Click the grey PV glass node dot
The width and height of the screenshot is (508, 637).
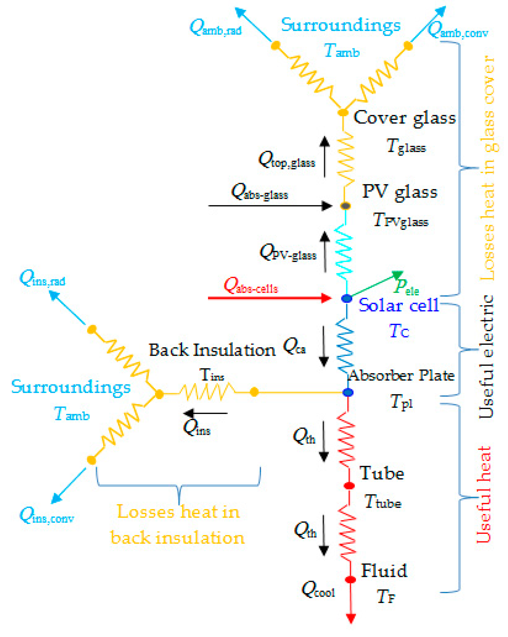coord(345,206)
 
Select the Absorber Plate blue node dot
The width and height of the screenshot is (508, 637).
coord(348,392)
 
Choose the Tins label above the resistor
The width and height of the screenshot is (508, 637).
coord(212,375)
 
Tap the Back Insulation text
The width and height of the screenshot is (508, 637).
coord(212,350)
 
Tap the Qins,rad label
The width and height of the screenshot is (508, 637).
coord(42,278)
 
